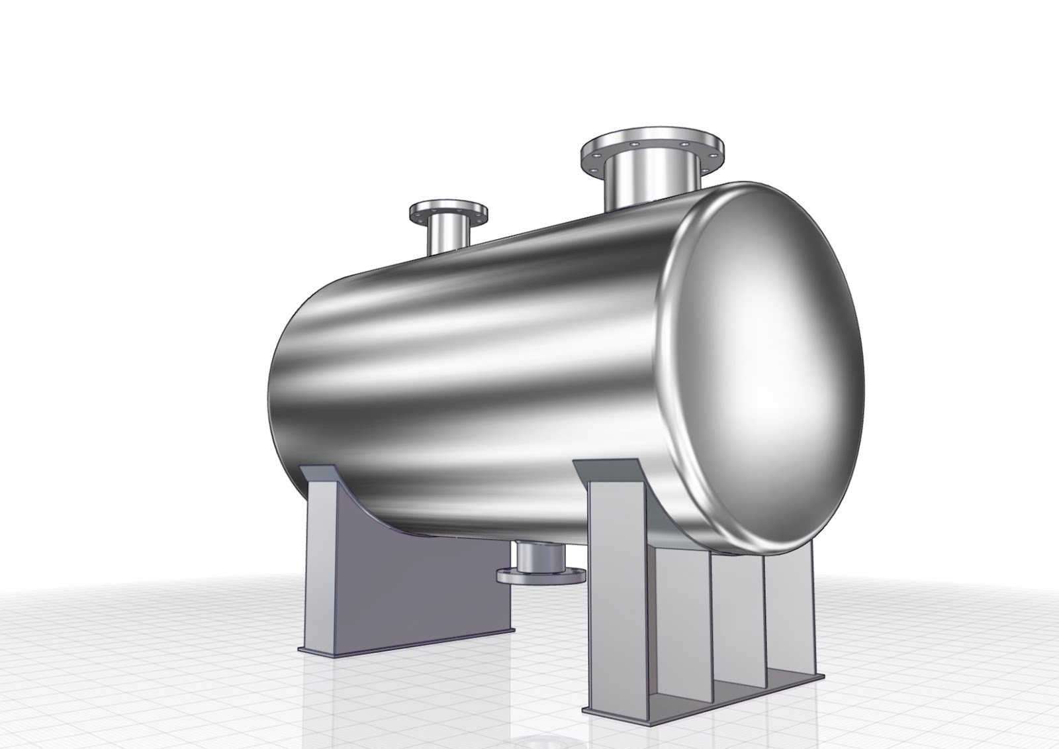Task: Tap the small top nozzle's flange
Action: [x=449, y=211]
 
